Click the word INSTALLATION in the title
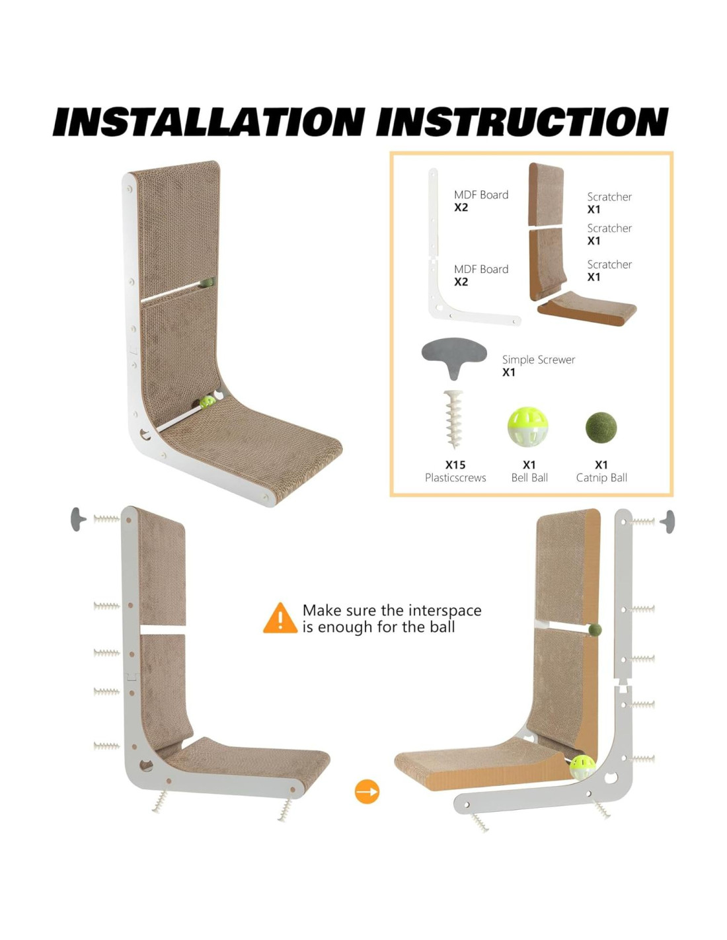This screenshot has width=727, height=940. pyautogui.click(x=208, y=122)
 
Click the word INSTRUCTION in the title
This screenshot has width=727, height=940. pyautogui.click(x=522, y=122)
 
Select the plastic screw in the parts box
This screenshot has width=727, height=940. pyautogui.click(x=453, y=420)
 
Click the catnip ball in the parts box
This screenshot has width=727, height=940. pyautogui.click(x=601, y=428)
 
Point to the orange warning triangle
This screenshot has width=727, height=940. pyautogui.click(x=280, y=618)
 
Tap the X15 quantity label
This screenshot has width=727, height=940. pyautogui.click(x=455, y=465)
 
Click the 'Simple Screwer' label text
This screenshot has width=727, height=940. pyautogui.click(x=539, y=360)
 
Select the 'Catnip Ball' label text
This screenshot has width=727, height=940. pyautogui.click(x=601, y=477)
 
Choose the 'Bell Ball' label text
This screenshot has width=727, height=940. pyautogui.click(x=529, y=477)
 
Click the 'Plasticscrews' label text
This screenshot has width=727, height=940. pyautogui.click(x=455, y=477)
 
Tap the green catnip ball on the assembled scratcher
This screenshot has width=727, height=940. pyautogui.click(x=207, y=282)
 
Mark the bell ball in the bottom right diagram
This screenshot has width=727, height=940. pyautogui.click(x=582, y=767)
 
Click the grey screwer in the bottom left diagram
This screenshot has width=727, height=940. pyautogui.click(x=78, y=520)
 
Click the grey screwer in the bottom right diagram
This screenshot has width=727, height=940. pyautogui.click(x=668, y=522)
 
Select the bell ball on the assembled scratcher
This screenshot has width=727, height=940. pyautogui.click(x=207, y=403)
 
